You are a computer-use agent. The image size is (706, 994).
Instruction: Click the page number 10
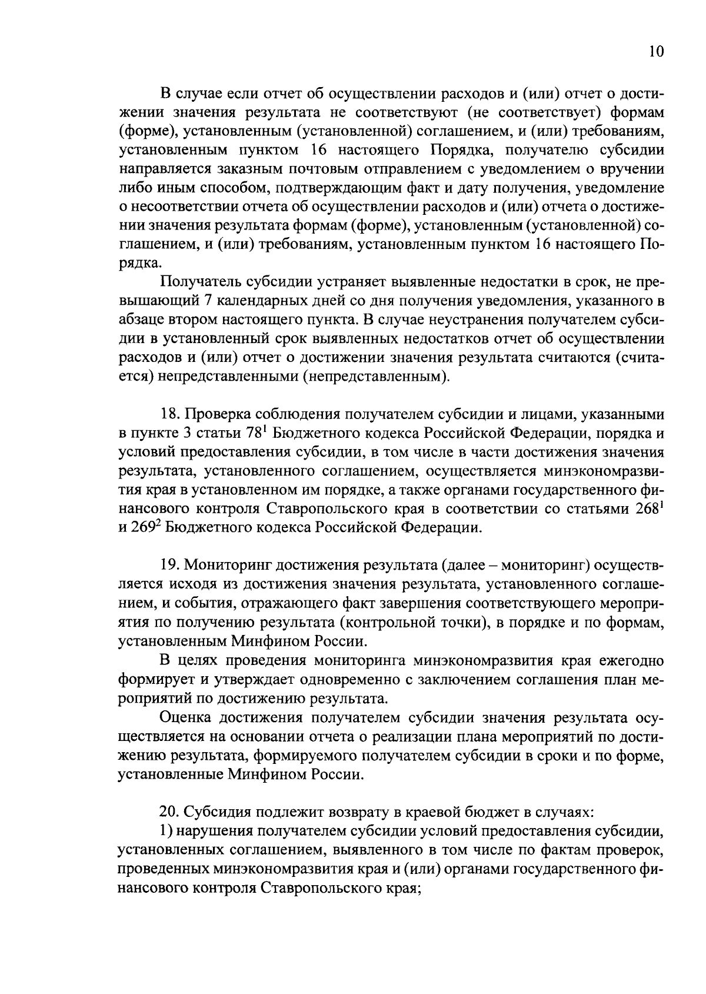(656, 52)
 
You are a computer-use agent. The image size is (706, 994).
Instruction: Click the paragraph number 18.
(169, 415)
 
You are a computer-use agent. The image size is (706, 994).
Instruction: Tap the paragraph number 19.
(169, 566)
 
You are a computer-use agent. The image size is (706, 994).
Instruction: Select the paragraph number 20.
(170, 812)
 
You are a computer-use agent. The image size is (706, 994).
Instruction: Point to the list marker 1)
(164, 831)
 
